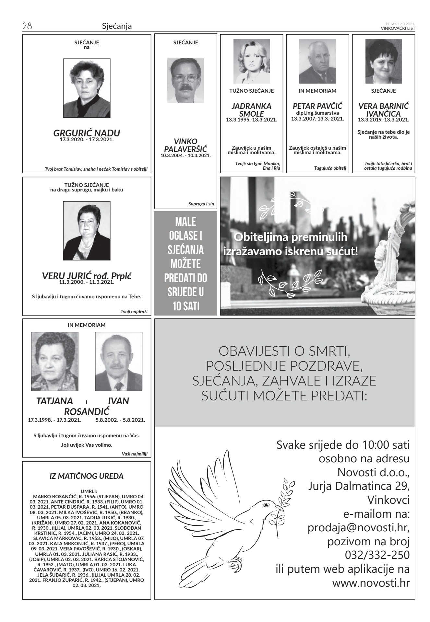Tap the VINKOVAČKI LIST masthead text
pos(398,28)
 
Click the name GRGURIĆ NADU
pos(87,133)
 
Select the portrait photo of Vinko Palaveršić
pos(185,81)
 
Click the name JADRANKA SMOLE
pos(251,110)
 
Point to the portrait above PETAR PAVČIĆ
pos(317,61)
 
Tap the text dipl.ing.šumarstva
pos(317,113)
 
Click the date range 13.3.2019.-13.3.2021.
pos(383,120)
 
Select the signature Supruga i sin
pos(201,204)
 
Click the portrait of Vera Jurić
pos(87,231)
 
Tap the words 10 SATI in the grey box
pos(186,306)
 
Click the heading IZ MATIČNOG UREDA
pos(87,476)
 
